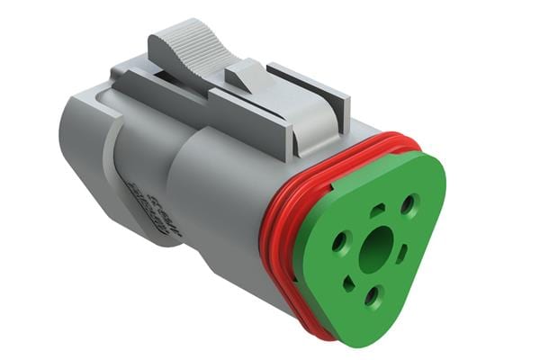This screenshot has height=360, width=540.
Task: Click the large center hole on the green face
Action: click(x=375, y=247)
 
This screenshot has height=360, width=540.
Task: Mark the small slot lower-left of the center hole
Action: click(x=349, y=284)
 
